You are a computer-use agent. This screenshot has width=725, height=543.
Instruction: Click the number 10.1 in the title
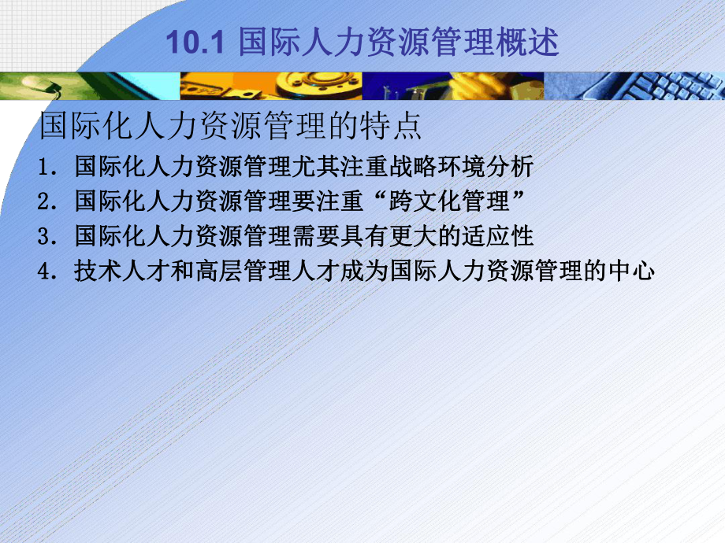189,42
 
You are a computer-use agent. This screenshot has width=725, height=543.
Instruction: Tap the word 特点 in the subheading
396,127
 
